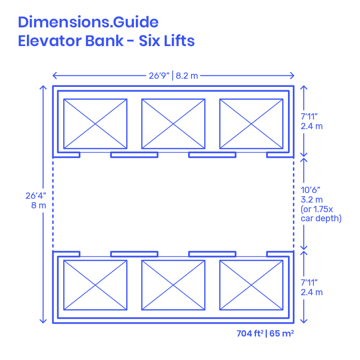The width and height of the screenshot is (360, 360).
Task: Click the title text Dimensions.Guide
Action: point(88,22)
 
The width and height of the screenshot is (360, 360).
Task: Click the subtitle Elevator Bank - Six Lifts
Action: point(106,41)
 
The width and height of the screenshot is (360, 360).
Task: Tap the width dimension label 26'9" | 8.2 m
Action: point(173,75)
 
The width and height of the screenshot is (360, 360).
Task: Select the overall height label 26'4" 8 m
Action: point(36,200)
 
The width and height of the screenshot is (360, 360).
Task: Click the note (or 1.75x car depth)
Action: point(321,214)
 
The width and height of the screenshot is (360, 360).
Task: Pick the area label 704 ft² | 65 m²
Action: point(265,333)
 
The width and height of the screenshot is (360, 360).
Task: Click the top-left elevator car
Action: point(95,124)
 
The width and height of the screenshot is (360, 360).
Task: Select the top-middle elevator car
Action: point(173,124)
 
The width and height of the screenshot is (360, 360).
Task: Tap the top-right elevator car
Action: point(251,124)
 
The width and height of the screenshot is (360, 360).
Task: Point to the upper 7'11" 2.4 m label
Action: point(312,122)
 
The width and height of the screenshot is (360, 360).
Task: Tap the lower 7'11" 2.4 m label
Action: point(312,287)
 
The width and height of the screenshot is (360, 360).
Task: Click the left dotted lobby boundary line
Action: point(53,204)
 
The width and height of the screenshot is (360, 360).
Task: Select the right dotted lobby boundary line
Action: point(293,204)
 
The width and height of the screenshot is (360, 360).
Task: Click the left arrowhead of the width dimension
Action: point(55,75)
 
